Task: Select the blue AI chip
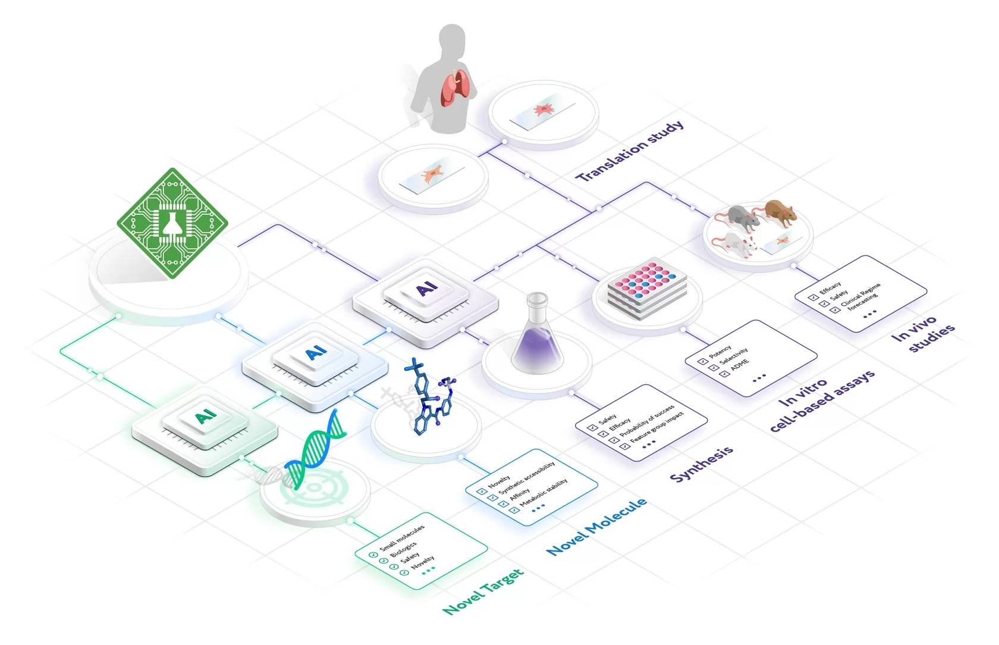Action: point(315,367)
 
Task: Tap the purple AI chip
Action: point(426,302)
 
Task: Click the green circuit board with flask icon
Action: point(172,223)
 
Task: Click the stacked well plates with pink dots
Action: point(647,289)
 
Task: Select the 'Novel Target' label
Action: point(483,591)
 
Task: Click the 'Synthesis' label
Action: point(702,464)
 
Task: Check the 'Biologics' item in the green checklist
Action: point(403,549)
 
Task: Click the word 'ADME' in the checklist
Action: point(740,365)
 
